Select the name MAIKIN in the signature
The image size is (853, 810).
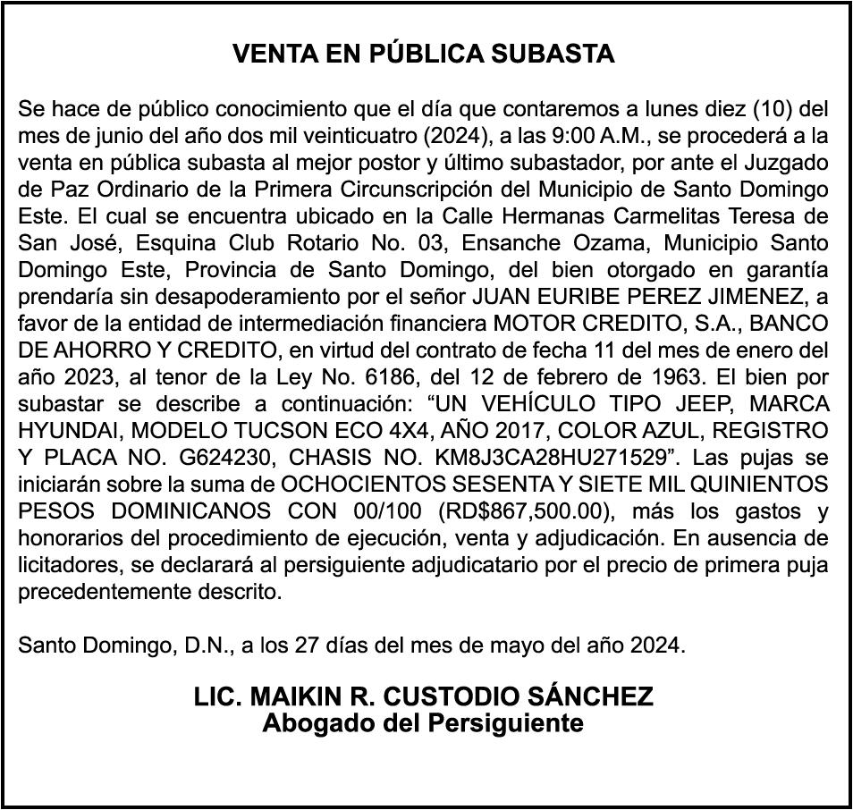coord(295,696)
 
